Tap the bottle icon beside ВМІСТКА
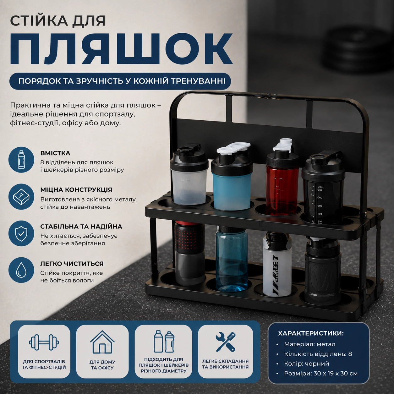tap(21, 160)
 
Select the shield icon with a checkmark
tap(21, 233)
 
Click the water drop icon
tap(21, 270)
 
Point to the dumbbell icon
tap(44, 342)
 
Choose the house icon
tap(102, 342)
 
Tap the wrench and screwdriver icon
tap(226, 342)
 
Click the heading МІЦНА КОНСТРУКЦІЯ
tap(76, 189)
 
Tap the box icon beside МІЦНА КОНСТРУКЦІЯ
tap(21, 197)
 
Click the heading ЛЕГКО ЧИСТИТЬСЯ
tap(72, 264)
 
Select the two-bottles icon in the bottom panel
tap(164, 342)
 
